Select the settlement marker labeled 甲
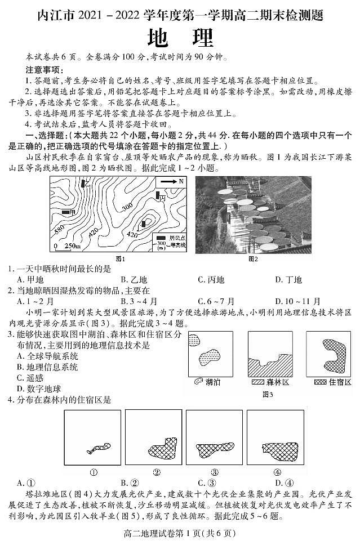[x=67, y=212]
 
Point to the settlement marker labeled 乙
[x=85, y=183]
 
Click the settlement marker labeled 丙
[x=159, y=197]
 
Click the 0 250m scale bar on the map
[x=68, y=247]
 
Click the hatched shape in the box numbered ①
[x=96, y=448]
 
